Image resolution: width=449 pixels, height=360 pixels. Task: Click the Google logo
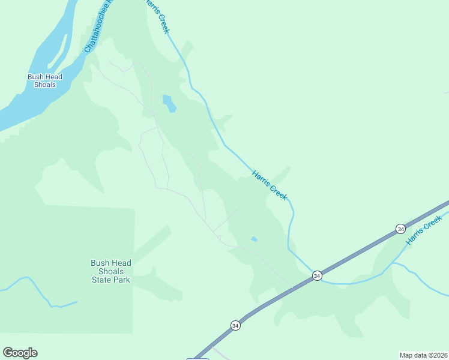coord(20,353)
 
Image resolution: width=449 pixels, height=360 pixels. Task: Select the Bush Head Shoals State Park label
coord(111,271)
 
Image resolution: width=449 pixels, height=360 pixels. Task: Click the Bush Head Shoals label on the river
coord(45,80)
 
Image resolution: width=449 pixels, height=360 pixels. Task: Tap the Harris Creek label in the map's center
coord(270,185)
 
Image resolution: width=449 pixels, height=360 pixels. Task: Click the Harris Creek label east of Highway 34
coord(424,230)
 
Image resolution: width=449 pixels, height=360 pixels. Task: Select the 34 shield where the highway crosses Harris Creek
coord(317,276)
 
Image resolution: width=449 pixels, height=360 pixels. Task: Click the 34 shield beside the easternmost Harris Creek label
coord(400,229)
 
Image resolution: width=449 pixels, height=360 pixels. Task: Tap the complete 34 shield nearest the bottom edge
coord(235,325)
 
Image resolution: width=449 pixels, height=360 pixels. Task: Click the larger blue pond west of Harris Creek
coord(169,103)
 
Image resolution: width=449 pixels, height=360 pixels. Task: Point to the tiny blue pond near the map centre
coord(254,239)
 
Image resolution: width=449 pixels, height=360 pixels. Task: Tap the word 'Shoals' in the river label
coord(45,85)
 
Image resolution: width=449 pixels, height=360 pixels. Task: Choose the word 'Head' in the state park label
coord(121,263)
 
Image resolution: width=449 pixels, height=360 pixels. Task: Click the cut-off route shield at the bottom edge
coord(198,358)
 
